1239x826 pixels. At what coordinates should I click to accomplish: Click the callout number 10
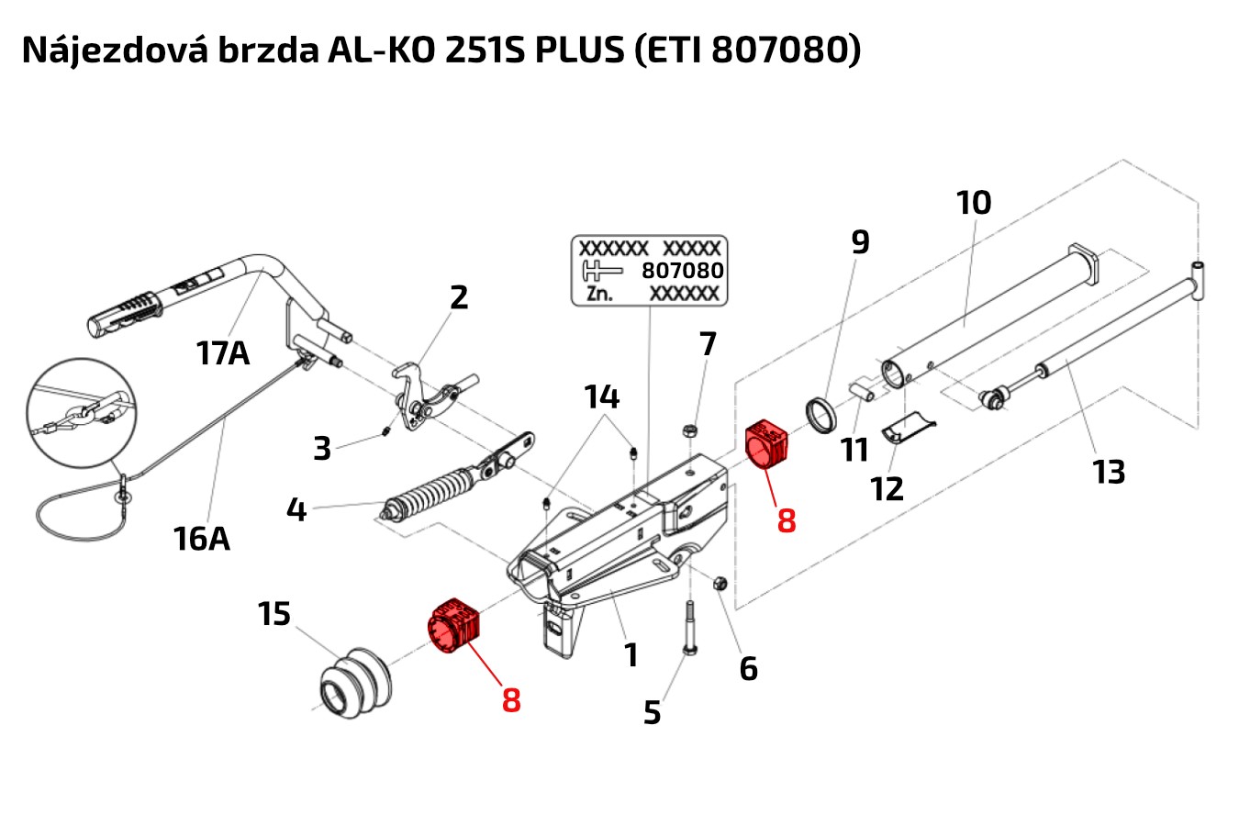coord(974,203)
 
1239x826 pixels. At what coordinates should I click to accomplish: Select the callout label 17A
coord(223,352)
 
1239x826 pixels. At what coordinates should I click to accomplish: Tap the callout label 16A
coord(202,538)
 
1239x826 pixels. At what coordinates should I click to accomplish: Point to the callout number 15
coord(273,614)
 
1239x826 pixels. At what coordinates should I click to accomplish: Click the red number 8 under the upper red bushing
coord(787,520)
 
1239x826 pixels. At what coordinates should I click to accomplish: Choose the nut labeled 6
coord(720,582)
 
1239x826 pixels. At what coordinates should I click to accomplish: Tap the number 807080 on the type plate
coord(682,271)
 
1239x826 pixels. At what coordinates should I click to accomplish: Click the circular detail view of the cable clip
coord(81,412)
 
